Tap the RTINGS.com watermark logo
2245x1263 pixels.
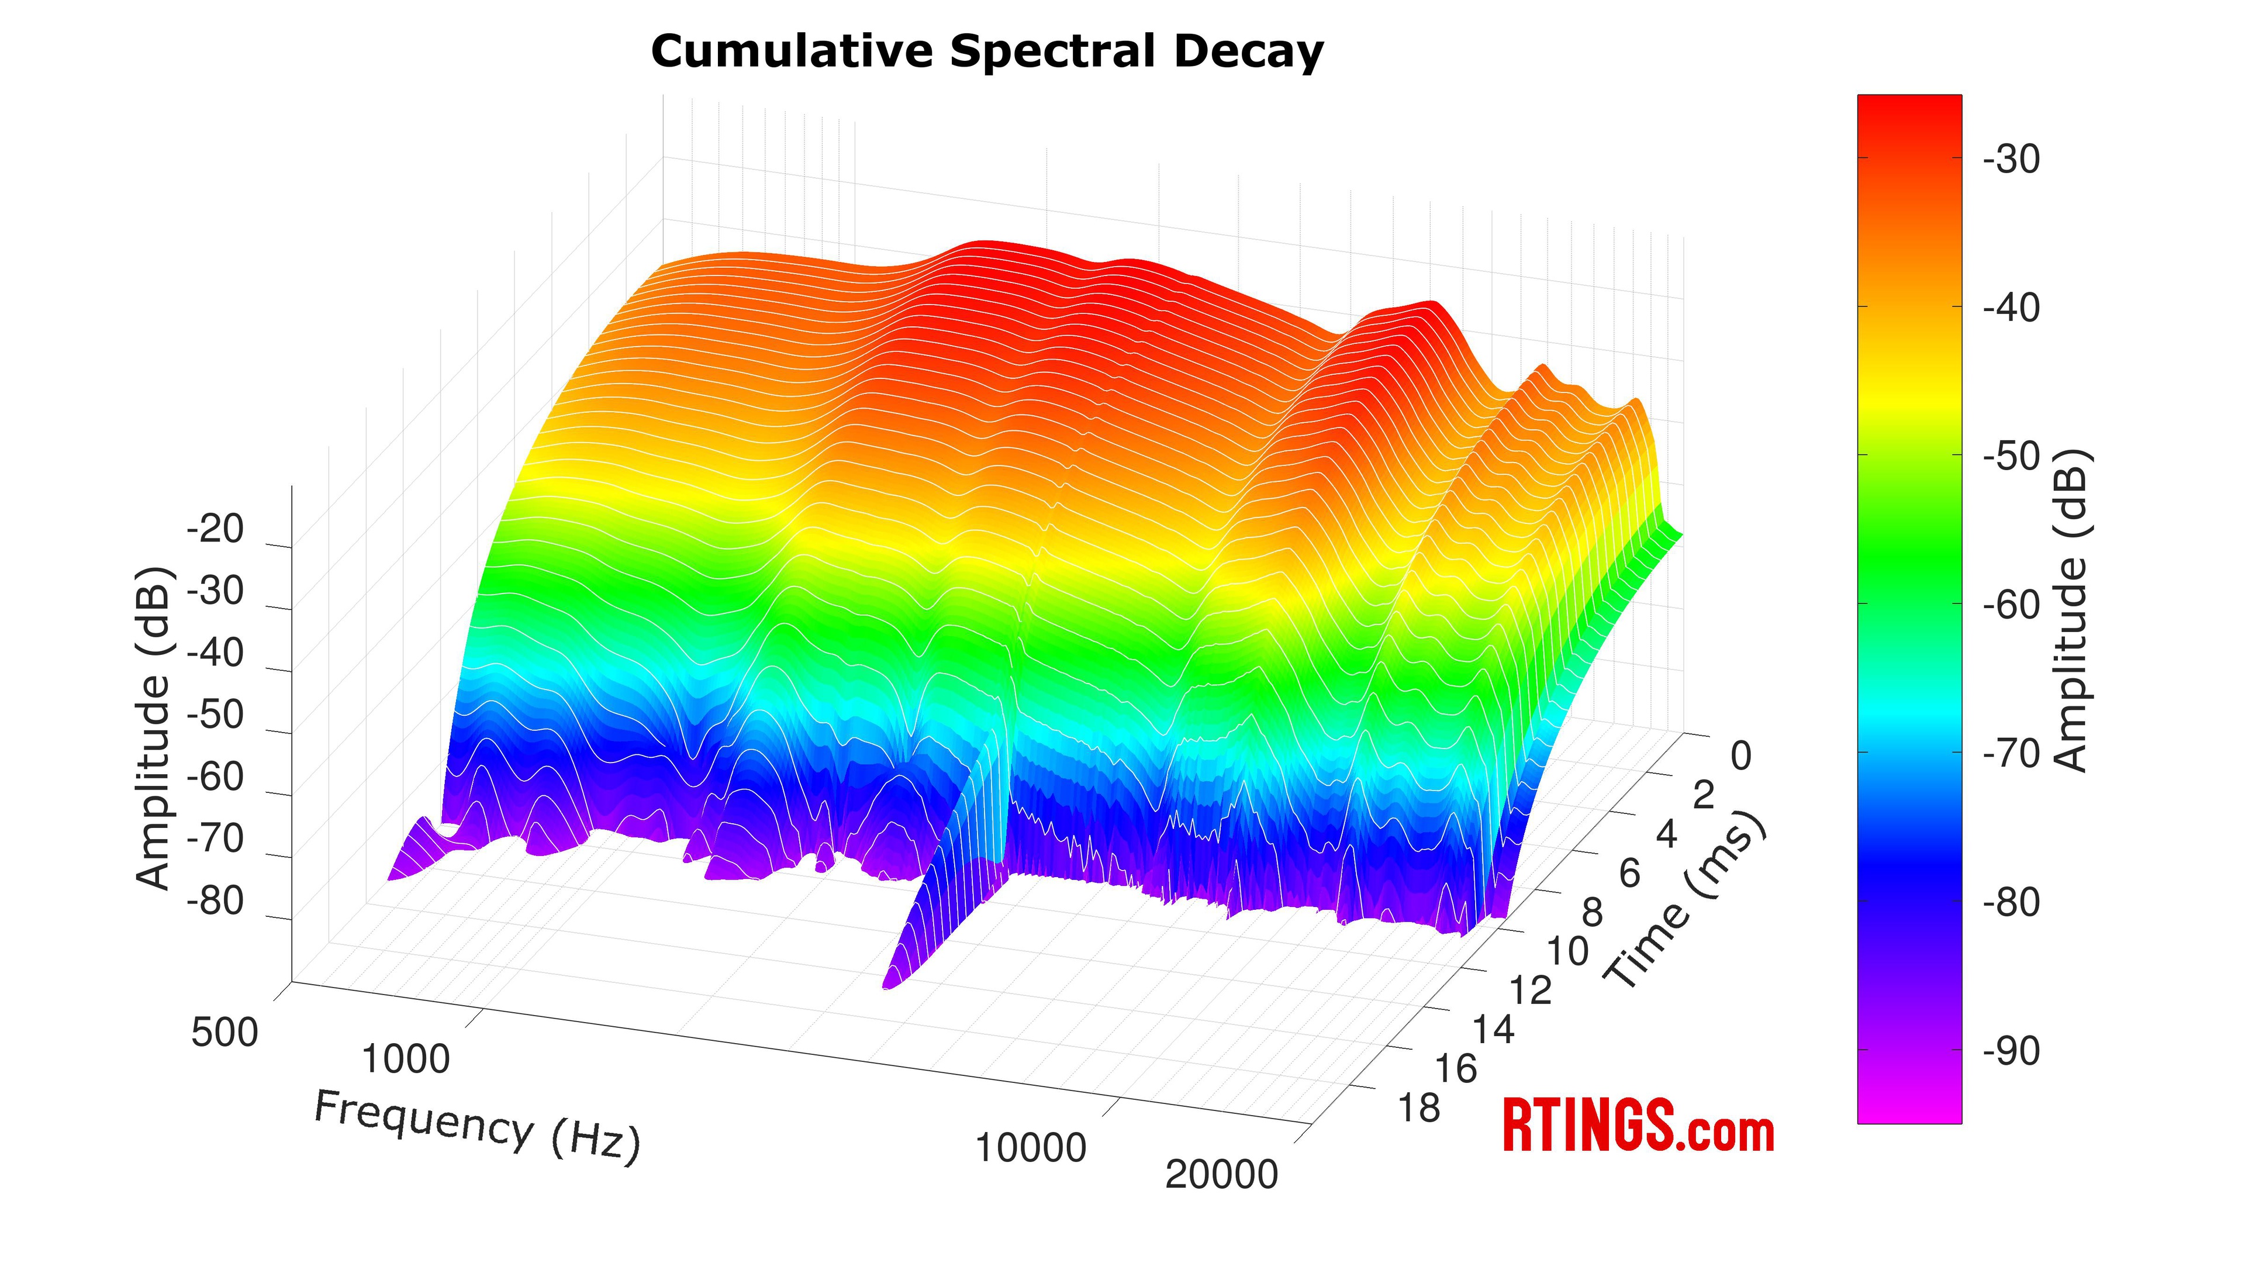coord(1638,1126)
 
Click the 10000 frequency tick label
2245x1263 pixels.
coord(1030,1148)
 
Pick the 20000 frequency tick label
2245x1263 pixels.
coord(1221,1175)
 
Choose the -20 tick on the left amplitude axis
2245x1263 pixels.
coord(215,529)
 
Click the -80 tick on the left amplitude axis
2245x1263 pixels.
coord(215,901)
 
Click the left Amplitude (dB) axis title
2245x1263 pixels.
coord(154,728)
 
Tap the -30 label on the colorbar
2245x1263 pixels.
coord(2011,160)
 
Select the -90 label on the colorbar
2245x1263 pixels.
coord(2011,1051)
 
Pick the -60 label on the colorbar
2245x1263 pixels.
coord(2011,605)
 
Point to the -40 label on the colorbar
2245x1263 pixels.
coord(2011,308)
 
